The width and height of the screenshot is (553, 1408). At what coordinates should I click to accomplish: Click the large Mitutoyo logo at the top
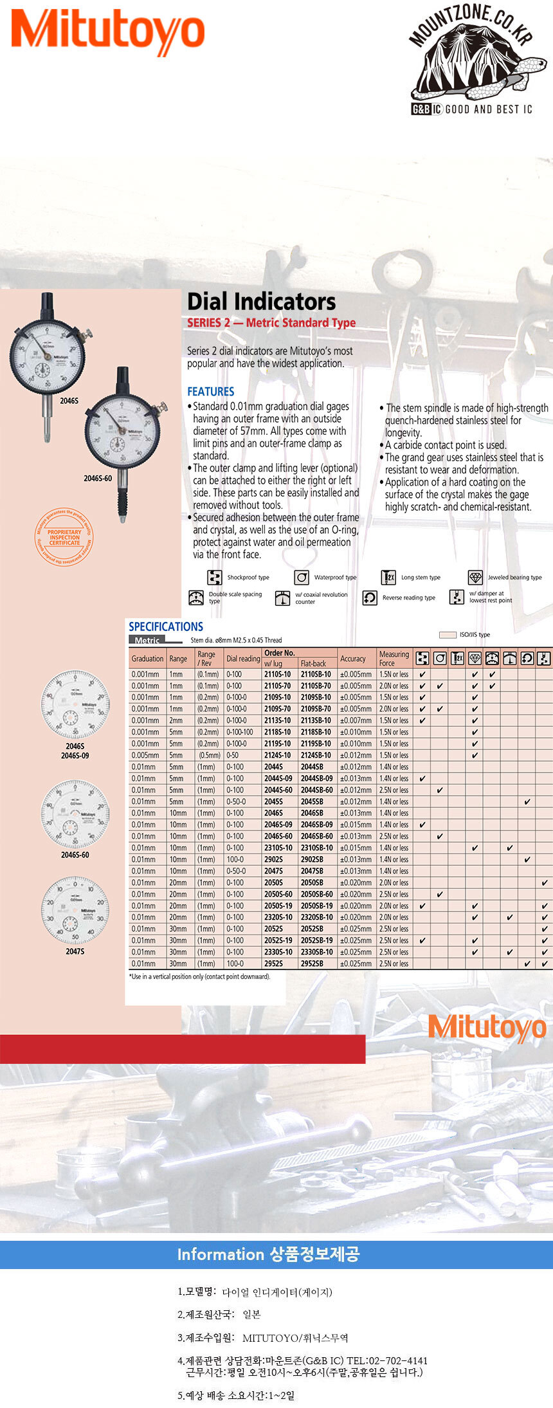click(x=108, y=32)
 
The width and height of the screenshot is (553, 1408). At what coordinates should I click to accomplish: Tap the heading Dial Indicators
click(x=261, y=302)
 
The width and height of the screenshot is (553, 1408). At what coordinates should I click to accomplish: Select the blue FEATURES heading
click(x=210, y=391)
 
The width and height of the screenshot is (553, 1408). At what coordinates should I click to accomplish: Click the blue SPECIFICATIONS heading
click(x=165, y=626)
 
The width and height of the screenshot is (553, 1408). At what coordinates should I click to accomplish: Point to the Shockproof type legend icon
click(x=215, y=577)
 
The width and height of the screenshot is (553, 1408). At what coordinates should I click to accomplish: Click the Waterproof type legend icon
click(x=301, y=577)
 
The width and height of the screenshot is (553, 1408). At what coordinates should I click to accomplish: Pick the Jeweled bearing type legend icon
click(x=475, y=577)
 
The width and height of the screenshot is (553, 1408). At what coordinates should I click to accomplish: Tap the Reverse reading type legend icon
click(x=370, y=598)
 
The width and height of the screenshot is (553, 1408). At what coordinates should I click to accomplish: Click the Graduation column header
click(x=147, y=659)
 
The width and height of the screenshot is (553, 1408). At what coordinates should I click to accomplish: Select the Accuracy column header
click(x=353, y=659)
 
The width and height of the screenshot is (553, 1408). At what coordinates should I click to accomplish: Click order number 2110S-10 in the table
click(x=277, y=674)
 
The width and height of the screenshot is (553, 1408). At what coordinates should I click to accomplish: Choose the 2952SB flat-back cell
click(x=312, y=964)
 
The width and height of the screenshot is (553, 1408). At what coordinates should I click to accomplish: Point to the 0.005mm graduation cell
click(x=145, y=755)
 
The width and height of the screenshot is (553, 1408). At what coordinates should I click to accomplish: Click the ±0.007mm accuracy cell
click(x=356, y=720)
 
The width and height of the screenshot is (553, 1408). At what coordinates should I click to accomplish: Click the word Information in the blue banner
click(x=220, y=1254)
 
